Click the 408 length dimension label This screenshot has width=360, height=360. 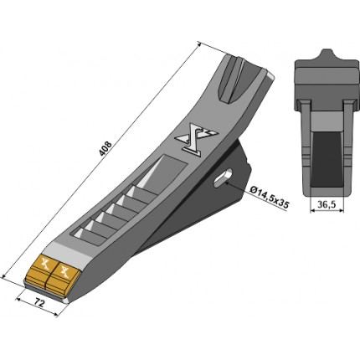pyautogui.click(x=105, y=149)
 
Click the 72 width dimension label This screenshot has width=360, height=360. pyautogui.click(x=39, y=302)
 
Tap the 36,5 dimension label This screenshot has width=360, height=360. pyautogui.click(x=327, y=205)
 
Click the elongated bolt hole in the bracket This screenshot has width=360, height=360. pyautogui.click(x=223, y=178)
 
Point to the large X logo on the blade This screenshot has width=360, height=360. pyautogui.click(x=196, y=139)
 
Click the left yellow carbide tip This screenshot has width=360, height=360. pyautogui.click(x=39, y=270)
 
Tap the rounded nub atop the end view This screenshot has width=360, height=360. pyautogui.click(x=327, y=54)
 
